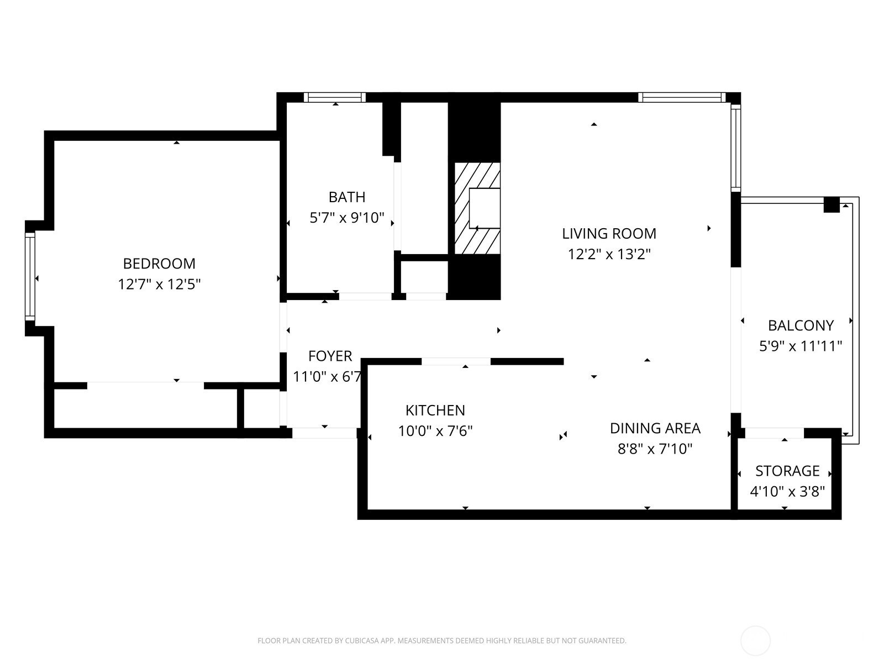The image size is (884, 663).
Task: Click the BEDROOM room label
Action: click(159, 264)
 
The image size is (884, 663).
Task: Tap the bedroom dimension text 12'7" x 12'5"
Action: click(159, 285)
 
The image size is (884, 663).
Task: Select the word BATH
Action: click(347, 197)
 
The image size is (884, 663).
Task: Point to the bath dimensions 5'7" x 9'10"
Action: click(347, 218)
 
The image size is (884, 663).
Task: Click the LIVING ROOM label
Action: click(609, 234)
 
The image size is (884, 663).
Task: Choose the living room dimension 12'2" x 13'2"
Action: click(609, 254)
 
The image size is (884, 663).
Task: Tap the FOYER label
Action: click(330, 356)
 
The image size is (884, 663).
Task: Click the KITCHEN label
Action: click(435, 411)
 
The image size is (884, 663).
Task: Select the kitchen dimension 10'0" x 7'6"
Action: click(435, 432)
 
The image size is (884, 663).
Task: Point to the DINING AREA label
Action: click(655, 428)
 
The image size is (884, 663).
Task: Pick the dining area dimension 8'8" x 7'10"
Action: click(655, 449)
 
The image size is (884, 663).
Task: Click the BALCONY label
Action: click(801, 325)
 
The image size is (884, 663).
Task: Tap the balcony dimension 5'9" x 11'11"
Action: click(801, 346)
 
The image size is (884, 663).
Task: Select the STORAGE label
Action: click(787, 471)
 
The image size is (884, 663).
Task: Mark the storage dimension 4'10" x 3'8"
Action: click(787, 492)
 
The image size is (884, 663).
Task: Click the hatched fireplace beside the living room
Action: click(477, 208)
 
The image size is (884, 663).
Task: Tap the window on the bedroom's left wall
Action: click(30, 277)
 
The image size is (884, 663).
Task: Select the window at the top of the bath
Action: click(335, 97)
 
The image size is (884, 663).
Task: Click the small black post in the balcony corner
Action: click(832, 204)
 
